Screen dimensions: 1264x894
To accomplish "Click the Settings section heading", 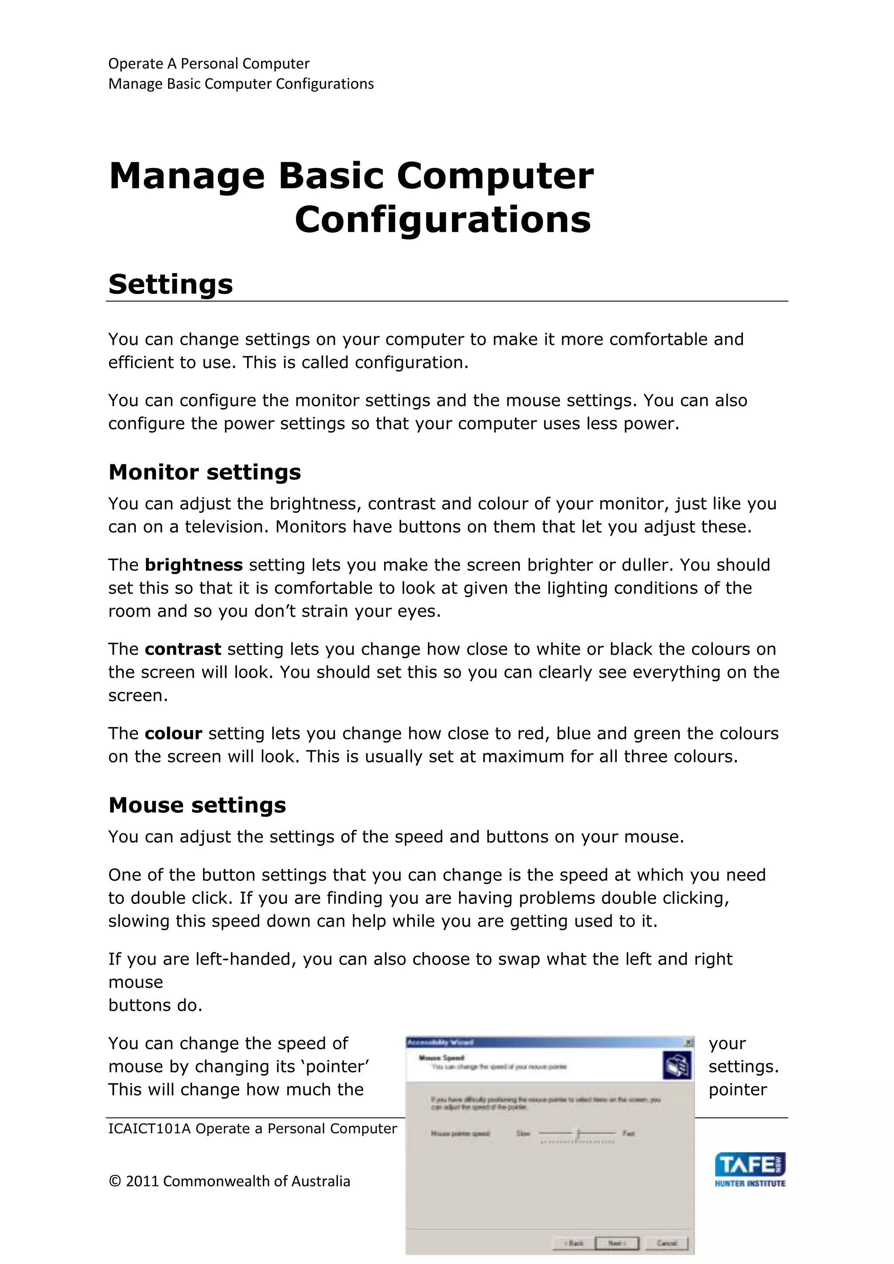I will (171, 285).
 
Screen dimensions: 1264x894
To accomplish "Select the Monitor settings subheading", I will (205, 472).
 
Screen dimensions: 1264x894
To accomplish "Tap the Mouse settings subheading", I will (197, 805).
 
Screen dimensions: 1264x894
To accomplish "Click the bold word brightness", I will (194, 565).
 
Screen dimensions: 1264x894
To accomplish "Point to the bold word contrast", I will (183, 649).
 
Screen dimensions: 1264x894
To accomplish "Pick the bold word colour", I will (173, 734).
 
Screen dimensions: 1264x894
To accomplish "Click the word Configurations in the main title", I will (443, 220).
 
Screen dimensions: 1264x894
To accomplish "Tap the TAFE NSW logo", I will (750, 1169).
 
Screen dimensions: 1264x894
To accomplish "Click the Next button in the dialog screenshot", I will (616, 1243).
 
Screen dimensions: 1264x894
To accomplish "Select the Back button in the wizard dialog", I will (574, 1243).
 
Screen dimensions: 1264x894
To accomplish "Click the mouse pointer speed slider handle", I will (578, 1133).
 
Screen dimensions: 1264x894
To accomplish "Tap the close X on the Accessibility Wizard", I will (688, 1042).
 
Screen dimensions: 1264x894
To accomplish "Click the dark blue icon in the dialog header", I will (677, 1065).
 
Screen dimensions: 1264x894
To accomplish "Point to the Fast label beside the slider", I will (629, 1133).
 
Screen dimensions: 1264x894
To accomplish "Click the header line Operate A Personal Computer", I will (209, 64).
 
